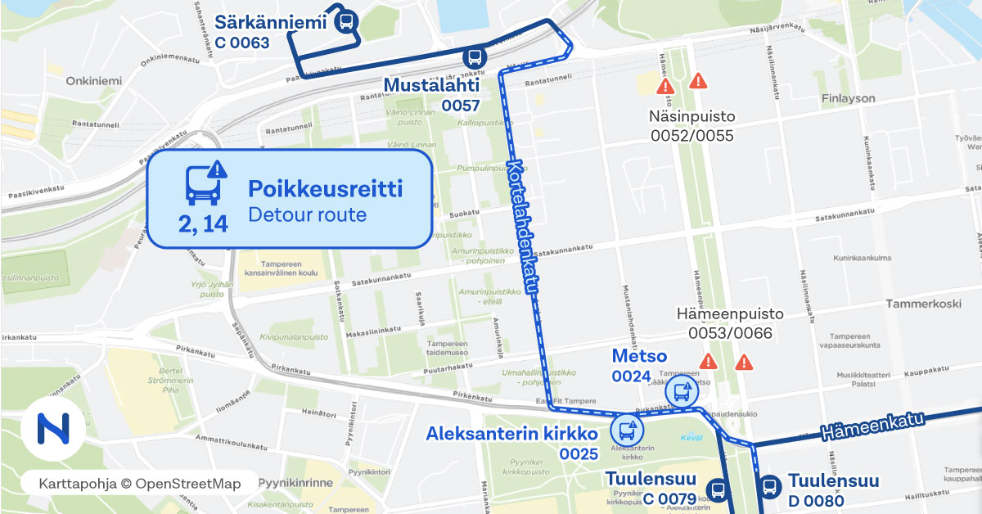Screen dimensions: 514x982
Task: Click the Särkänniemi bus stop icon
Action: (x=346, y=22)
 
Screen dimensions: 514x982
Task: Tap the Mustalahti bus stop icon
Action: (x=473, y=57)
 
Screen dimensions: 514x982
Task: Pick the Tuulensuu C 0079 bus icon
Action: (x=718, y=490)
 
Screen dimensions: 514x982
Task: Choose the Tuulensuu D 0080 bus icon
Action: (x=769, y=488)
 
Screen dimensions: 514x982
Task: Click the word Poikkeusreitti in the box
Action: (x=325, y=189)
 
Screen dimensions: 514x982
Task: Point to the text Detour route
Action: (x=307, y=216)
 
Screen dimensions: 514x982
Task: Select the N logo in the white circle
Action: (x=53, y=428)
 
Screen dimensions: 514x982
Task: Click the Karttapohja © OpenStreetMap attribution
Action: (x=140, y=484)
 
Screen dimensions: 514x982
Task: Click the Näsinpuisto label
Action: (x=692, y=116)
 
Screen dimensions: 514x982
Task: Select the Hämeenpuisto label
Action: (x=730, y=314)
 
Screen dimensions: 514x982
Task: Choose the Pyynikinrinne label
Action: (x=295, y=483)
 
